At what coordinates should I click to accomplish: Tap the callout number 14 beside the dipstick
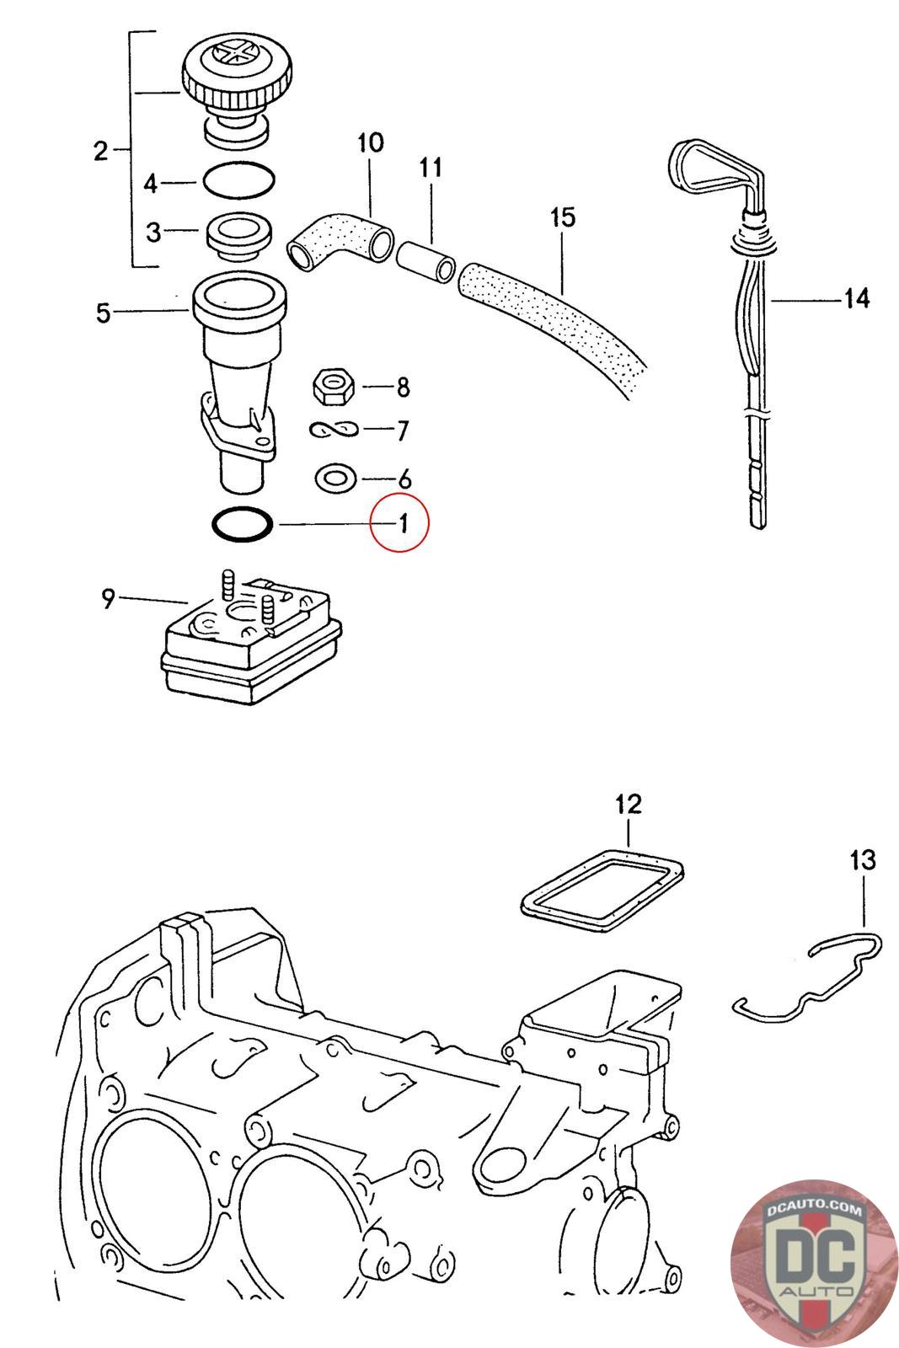pos(856,298)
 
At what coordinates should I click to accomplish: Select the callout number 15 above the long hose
pos(562,217)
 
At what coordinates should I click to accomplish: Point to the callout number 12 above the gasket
pos(629,804)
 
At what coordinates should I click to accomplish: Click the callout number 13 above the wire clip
pos(863,860)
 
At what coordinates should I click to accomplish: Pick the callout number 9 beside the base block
pos(108,599)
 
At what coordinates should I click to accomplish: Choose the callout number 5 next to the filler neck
pos(103,313)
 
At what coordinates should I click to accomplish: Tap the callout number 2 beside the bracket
pos(101,152)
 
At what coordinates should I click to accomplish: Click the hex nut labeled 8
pos(334,387)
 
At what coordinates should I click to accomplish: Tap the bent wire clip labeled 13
pos(809,977)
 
